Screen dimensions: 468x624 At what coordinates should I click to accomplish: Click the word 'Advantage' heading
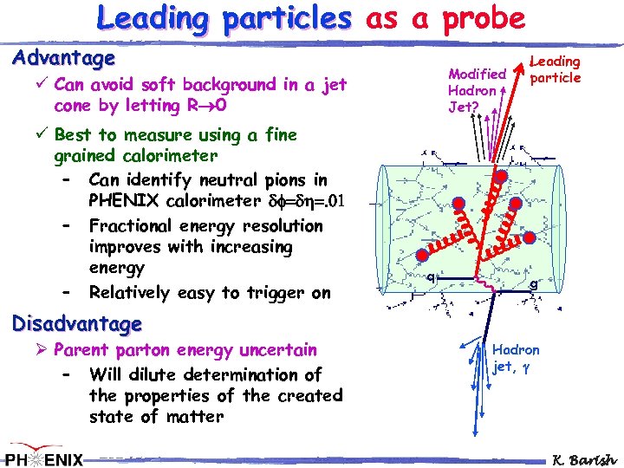point(63,59)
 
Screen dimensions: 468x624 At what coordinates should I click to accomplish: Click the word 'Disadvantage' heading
point(76,324)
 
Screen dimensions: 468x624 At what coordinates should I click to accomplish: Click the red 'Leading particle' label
point(555,69)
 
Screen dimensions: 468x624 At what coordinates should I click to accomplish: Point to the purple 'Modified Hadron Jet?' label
point(475,90)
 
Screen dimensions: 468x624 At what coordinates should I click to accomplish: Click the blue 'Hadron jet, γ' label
point(516,357)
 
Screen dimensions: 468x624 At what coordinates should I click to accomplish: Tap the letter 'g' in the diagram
point(534,283)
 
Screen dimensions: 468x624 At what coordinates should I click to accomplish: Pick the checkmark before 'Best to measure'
point(41,135)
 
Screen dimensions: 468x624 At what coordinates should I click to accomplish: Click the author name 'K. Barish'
point(584,458)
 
